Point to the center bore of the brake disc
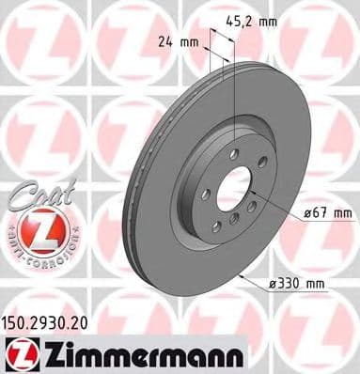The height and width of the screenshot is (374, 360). [234, 189]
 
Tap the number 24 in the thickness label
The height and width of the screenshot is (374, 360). [162, 41]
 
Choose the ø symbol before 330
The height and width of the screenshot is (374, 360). [279, 281]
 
